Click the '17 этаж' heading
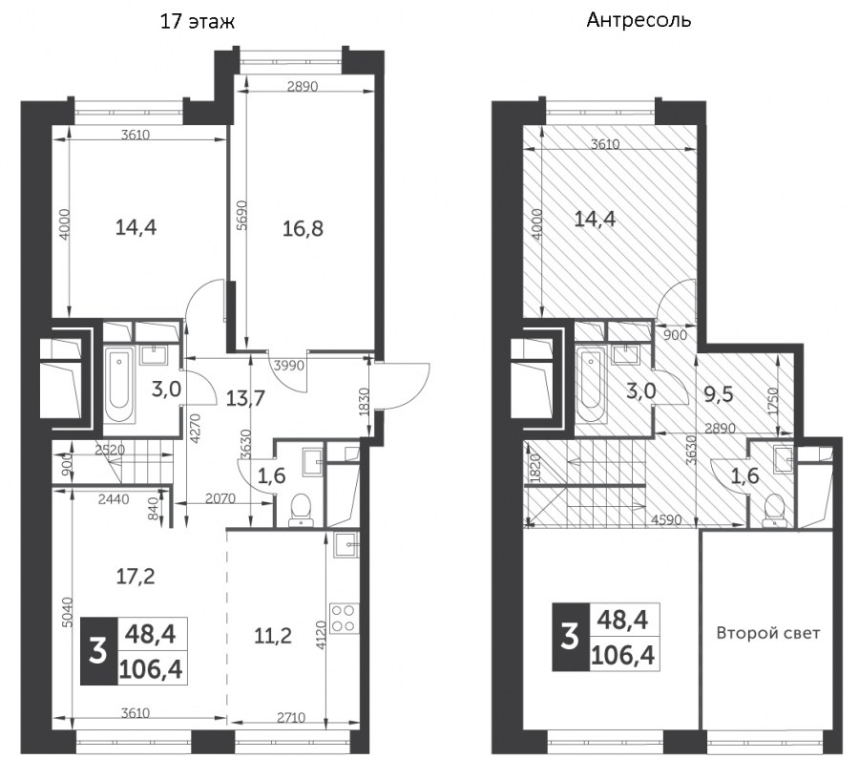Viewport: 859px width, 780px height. click(198, 21)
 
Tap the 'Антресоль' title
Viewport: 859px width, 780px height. click(639, 20)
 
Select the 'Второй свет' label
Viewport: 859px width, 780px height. click(768, 633)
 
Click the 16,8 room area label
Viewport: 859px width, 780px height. click(303, 228)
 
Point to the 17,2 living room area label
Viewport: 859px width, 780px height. click(136, 576)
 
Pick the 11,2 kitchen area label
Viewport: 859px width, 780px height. click(273, 636)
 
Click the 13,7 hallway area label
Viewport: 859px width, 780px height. click(245, 398)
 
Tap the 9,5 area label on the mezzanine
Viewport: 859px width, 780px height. click(718, 393)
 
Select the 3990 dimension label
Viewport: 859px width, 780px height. click(288, 365)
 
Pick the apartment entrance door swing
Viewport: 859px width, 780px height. click(406, 385)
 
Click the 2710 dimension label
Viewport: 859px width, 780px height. click(291, 718)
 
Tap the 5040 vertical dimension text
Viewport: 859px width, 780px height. click(67, 612)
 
